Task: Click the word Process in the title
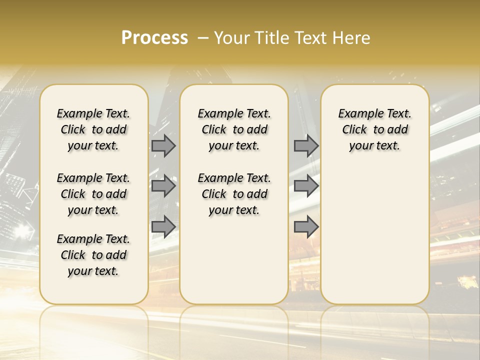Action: coord(154,37)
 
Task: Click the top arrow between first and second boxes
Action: coord(163,146)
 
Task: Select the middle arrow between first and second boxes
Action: coord(163,186)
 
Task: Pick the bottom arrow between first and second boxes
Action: coord(163,226)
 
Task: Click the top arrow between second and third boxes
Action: coord(306,146)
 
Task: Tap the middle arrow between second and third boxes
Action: coord(306,186)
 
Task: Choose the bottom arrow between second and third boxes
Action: coord(306,226)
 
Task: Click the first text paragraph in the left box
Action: coord(93,129)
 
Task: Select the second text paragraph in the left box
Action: coord(93,194)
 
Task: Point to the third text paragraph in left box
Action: coord(93,255)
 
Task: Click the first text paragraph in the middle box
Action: coord(234,129)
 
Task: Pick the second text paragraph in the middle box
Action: coord(234,194)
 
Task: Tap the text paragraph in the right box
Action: coord(375,129)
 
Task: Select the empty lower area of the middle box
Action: coord(234,260)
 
